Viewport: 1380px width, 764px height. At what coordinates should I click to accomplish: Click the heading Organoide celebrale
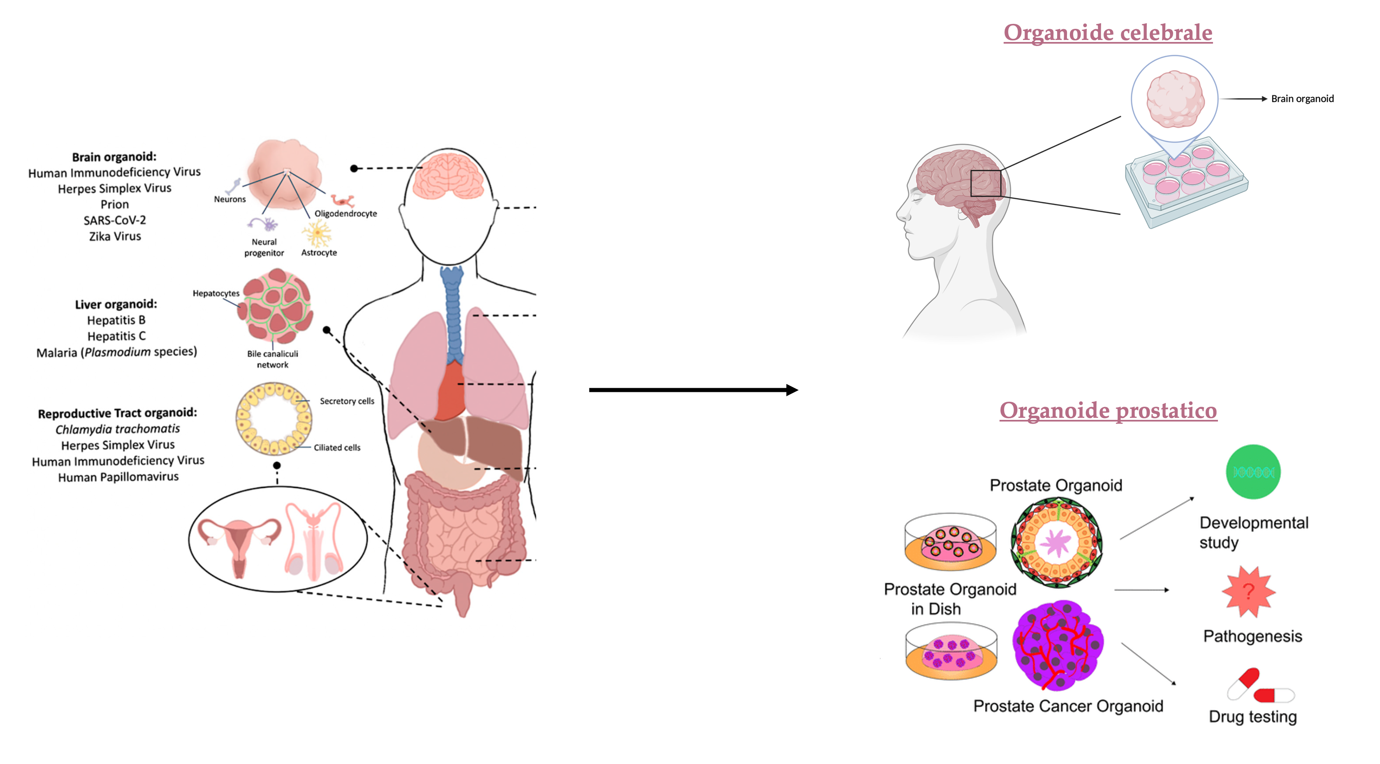1107,33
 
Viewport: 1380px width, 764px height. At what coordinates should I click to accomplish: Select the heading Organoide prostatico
1108,411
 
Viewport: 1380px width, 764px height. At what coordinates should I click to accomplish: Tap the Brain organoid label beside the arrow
1302,99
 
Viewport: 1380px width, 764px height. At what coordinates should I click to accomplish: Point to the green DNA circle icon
1253,472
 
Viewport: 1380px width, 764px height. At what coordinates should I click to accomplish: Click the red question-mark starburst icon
1248,592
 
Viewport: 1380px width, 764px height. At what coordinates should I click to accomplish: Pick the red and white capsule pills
1260,686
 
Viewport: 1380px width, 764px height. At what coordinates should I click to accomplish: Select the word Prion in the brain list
115,204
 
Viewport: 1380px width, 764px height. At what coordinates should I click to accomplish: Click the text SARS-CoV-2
115,220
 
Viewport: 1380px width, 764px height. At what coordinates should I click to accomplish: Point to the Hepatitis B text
116,320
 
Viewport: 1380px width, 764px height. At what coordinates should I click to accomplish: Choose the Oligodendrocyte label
346,213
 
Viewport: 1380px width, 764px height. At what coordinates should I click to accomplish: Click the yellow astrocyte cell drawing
317,233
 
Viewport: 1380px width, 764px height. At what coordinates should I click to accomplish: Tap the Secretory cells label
347,401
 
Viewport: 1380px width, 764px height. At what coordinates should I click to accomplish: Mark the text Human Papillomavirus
118,477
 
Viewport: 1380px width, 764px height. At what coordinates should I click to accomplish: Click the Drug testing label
1252,717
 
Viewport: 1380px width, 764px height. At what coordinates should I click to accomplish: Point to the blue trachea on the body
453,311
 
